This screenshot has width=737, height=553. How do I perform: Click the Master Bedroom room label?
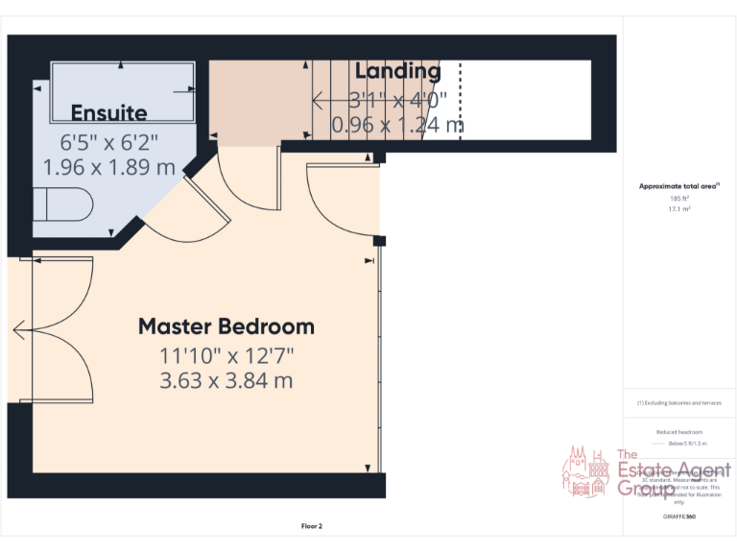click(226, 325)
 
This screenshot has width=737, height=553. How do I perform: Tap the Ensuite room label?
click(108, 112)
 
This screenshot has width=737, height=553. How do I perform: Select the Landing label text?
click(397, 71)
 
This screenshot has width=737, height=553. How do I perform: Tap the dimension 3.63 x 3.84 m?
click(226, 380)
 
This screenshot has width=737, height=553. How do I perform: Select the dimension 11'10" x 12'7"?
click(226, 356)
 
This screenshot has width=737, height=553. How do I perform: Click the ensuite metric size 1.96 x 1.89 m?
click(108, 166)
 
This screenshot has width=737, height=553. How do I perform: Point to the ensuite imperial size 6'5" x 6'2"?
click(108, 142)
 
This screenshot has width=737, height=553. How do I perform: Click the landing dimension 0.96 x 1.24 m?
click(397, 124)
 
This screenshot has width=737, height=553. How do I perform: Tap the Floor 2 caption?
click(312, 525)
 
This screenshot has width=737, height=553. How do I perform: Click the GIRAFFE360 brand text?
click(678, 517)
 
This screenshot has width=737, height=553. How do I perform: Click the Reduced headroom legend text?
click(678, 432)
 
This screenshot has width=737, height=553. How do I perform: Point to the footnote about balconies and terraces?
click(678, 403)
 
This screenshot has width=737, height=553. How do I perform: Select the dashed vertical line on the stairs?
click(460, 101)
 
